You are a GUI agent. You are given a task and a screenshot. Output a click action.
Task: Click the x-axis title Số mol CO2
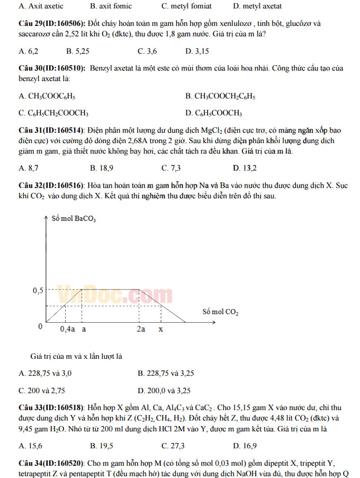pyautogui.click(x=220, y=312)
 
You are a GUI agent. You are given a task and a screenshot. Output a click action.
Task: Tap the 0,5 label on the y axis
pyautogui.click(x=38, y=290)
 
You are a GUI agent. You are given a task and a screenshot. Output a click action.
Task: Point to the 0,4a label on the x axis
pyautogui.click(x=67, y=329)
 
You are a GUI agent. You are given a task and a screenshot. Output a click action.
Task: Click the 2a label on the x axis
pyautogui.click(x=141, y=329)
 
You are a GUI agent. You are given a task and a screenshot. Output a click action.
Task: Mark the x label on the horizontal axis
pyautogui.click(x=161, y=329)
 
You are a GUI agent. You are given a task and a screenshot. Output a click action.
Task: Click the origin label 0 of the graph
pyautogui.click(x=40, y=326)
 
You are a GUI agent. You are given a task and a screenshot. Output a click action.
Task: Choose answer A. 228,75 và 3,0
pyautogui.click(x=45, y=373)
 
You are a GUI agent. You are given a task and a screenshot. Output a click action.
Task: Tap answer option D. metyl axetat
pyautogui.click(x=257, y=6)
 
